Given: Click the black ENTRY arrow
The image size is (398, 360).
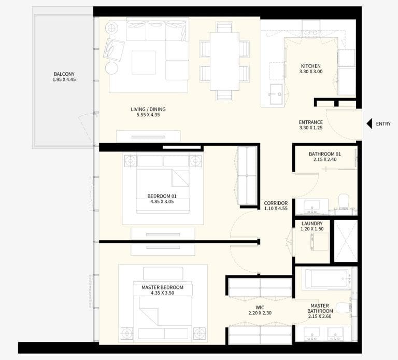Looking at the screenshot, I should (x=370, y=123).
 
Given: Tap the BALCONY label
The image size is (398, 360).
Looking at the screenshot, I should (x=64, y=74).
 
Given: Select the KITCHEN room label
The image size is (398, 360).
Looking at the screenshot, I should (x=311, y=66).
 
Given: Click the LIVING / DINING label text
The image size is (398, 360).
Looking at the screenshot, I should (x=148, y=109).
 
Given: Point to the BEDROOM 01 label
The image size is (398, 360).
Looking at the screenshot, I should (x=162, y=196).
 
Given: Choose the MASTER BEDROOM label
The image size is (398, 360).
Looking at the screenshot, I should (x=162, y=287).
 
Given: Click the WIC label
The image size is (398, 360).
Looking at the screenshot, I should (x=253, y=307).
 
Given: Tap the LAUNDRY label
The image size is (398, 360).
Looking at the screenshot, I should (x=312, y=224).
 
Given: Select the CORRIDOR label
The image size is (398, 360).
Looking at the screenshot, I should (x=275, y=203).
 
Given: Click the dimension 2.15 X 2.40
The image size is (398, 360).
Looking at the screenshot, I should (x=325, y=160).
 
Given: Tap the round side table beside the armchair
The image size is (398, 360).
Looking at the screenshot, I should (x=111, y=68).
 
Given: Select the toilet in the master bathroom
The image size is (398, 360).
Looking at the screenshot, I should (x=344, y=308).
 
